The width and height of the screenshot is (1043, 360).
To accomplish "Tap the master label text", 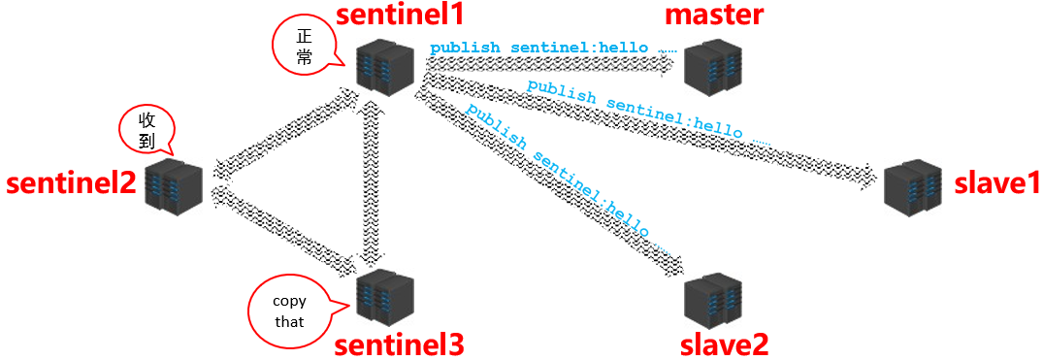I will point(714,15).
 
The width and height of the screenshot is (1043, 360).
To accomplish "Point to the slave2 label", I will point(724,343).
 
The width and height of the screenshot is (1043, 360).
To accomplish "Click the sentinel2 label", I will point(71,183).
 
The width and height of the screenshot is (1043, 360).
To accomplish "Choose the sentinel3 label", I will point(399,344).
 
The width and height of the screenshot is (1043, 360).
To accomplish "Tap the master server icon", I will point(713,66).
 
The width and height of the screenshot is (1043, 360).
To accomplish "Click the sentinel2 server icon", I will point(174,185).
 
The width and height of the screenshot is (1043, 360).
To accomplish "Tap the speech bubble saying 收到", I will point(147,128).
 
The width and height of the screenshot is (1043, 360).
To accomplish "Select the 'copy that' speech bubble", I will point(289,311).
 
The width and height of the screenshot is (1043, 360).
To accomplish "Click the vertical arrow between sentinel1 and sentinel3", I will point(368,184).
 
